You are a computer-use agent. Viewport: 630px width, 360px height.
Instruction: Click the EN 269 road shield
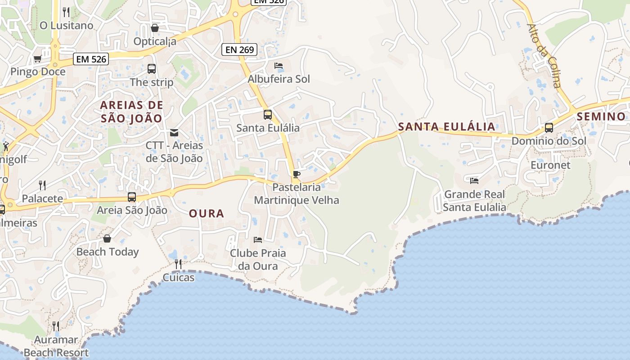[239, 49]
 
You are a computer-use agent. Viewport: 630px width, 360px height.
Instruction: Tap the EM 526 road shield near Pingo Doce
[91, 58]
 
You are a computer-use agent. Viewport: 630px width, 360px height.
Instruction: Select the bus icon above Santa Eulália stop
[268, 114]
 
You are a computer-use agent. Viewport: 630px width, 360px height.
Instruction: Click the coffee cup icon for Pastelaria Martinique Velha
[296, 174]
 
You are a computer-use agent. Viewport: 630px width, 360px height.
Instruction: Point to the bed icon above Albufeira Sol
[279, 66]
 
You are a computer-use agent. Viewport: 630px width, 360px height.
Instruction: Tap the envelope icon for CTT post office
[174, 132]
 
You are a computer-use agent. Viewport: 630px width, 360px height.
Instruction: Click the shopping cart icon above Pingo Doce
[37, 58]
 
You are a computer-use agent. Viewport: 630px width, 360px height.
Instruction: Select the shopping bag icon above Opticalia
[155, 28]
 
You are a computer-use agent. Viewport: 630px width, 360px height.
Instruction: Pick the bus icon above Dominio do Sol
[549, 127]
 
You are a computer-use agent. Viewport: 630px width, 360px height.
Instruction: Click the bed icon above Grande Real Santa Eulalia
[474, 181]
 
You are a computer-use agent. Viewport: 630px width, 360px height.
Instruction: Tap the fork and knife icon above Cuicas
[178, 264]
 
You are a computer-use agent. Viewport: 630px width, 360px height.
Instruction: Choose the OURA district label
[207, 213]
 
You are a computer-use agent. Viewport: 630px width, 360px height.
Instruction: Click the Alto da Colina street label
[544, 55]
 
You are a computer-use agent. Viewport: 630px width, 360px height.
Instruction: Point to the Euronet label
[550, 165]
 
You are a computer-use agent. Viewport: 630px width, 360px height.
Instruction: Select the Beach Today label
[108, 252]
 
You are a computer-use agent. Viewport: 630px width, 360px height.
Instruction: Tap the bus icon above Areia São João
[132, 197]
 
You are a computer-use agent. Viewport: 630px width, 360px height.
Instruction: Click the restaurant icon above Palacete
[42, 185]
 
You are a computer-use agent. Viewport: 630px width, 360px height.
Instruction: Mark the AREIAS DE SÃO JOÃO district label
[131, 112]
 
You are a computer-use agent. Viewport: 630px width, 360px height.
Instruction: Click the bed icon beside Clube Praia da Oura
[258, 239]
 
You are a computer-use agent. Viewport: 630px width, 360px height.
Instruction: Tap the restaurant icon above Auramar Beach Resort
[56, 326]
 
